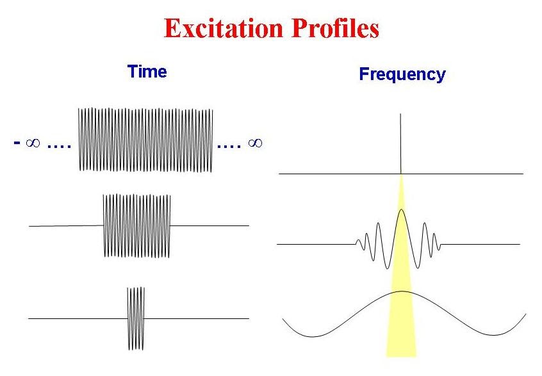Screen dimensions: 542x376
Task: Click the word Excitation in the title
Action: pos(224,28)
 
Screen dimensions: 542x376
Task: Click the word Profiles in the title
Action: pos(335,28)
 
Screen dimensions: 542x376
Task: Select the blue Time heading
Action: pos(147,72)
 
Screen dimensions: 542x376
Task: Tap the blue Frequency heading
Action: pos(402,74)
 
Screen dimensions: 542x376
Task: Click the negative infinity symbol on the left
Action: pos(27,142)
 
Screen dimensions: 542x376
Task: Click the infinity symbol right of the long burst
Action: pos(255,142)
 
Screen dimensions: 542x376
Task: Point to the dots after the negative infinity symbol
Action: pos(59,147)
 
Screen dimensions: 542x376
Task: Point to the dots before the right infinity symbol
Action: pos(229,147)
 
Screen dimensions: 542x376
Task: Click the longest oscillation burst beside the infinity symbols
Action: pos(145,140)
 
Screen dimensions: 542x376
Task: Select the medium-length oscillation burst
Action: pos(137,225)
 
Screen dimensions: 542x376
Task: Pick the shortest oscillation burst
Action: pos(136,318)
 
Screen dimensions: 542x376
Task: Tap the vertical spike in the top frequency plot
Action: pos(400,143)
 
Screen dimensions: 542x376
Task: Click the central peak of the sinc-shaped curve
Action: pos(401,209)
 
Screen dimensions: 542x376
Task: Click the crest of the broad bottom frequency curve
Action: pos(402,291)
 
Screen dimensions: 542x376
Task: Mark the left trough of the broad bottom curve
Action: pos(312,336)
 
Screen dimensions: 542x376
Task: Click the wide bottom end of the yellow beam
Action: pos(401,356)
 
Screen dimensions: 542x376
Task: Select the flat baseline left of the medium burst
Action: pos(66,226)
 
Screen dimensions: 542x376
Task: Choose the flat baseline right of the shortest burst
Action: pos(197,318)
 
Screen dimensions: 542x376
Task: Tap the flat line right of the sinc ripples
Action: pos(480,244)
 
